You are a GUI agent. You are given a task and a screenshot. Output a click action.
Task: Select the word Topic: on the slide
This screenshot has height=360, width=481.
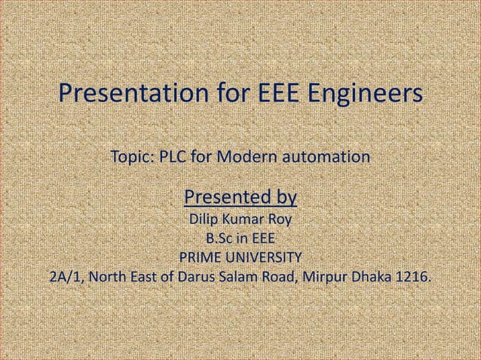click(x=133, y=158)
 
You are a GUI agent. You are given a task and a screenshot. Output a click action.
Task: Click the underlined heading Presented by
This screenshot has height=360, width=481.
click(x=240, y=198)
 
